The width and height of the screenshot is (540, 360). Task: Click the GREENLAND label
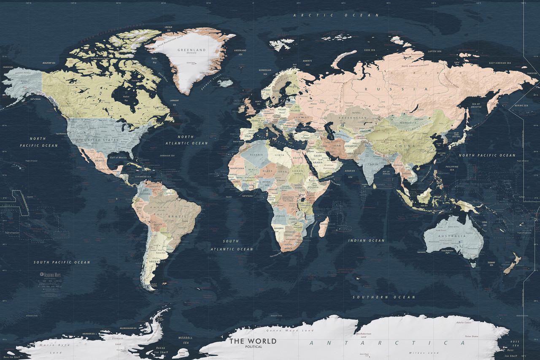pos(192,50)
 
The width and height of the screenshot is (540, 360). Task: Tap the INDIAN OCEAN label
pos(366,241)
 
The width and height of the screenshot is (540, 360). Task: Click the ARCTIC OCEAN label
pos(336,15)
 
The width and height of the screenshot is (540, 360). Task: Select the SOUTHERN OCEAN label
pos(384,297)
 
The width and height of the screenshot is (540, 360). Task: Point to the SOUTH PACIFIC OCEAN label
pos(62,262)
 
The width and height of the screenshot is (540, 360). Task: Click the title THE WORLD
pos(253,341)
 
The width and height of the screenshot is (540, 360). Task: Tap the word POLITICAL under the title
pos(253,346)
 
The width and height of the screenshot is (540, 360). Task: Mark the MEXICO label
pos(100,161)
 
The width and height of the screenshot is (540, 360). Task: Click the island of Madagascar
pos(324,227)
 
